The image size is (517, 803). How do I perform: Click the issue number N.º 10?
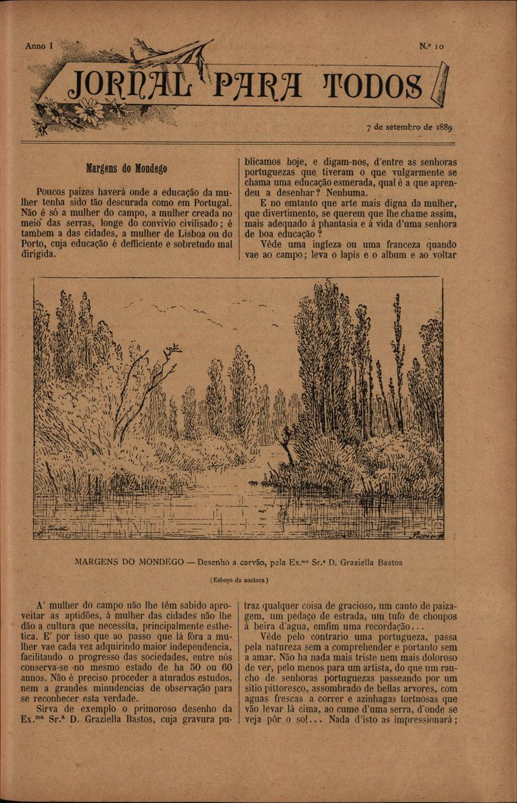(x=431, y=47)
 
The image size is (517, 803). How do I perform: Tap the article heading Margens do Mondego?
(x=127, y=169)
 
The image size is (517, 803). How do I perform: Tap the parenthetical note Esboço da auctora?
(x=239, y=579)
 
